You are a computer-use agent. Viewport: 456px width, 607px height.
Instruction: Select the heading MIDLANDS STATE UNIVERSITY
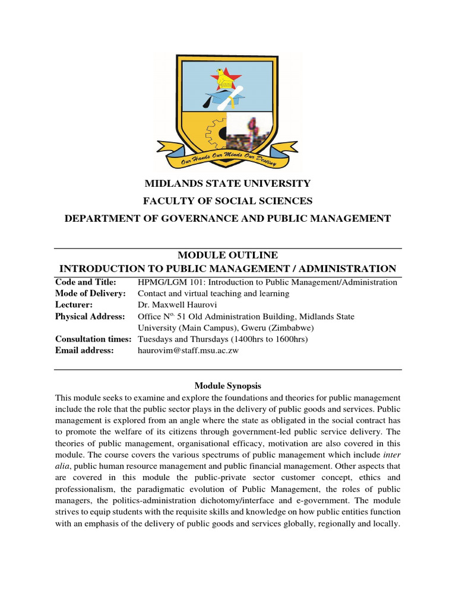tap(228, 184)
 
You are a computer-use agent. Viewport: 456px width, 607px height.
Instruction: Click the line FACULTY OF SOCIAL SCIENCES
tap(228, 201)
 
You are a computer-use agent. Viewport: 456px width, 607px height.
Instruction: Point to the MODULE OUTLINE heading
tap(228, 255)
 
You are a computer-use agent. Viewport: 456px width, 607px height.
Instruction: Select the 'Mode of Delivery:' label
tap(90, 293)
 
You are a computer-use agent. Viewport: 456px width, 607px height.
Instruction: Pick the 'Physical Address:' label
tap(90, 317)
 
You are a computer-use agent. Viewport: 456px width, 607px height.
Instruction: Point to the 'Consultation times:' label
tap(93, 339)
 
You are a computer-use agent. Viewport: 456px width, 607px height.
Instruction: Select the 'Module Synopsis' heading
tap(228, 385)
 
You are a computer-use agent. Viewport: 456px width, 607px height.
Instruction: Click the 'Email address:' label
tap(84, 350)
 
